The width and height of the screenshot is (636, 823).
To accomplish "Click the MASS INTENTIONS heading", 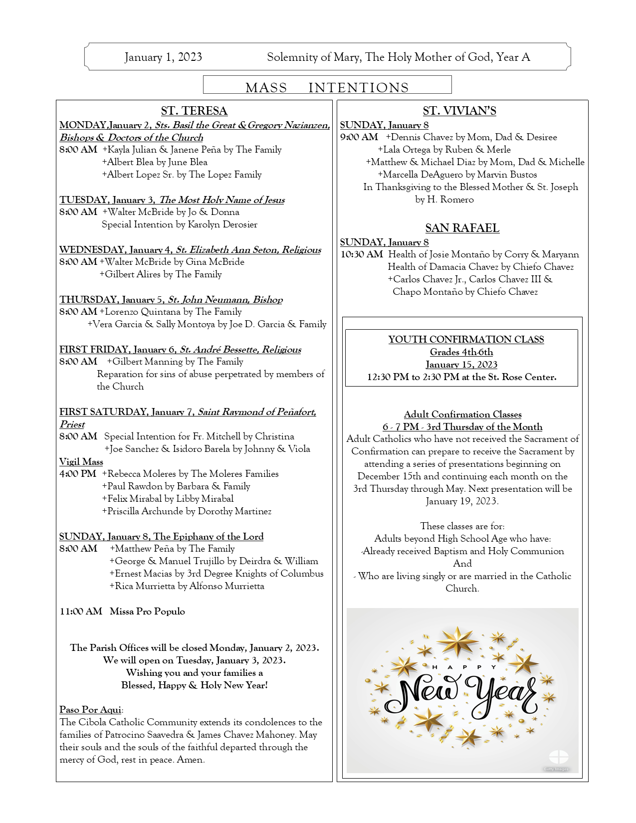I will click(x=327, y=88).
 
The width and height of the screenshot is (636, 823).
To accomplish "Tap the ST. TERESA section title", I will click(x=194, y=111).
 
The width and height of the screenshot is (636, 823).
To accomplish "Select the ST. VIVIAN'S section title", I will click(x=459, y=111).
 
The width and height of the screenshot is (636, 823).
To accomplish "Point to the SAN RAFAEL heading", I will click(x=462, y=228).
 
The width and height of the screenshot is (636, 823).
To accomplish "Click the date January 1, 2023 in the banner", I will click(x=163, y=57).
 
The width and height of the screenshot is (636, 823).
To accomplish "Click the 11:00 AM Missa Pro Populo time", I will click(x=81, y=611).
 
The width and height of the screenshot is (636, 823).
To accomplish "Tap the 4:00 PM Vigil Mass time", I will click(x=78, y=474).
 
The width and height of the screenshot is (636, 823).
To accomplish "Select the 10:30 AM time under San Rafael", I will click(x=362, y=254).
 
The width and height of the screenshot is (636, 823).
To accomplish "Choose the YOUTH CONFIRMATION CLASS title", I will click(x=466, y=340).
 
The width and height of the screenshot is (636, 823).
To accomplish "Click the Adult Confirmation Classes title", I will click(x=462, y=414).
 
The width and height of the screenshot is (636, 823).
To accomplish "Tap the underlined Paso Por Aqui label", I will click(x=90, y=710).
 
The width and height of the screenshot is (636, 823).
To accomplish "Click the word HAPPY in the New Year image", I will click(x=463, y=667).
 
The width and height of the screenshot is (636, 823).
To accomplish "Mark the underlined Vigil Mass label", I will click(x=81, y=462).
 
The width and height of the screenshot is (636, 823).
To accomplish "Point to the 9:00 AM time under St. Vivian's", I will click(x=359, y=137).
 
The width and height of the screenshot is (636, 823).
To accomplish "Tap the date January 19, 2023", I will click(x=462, y=501).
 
